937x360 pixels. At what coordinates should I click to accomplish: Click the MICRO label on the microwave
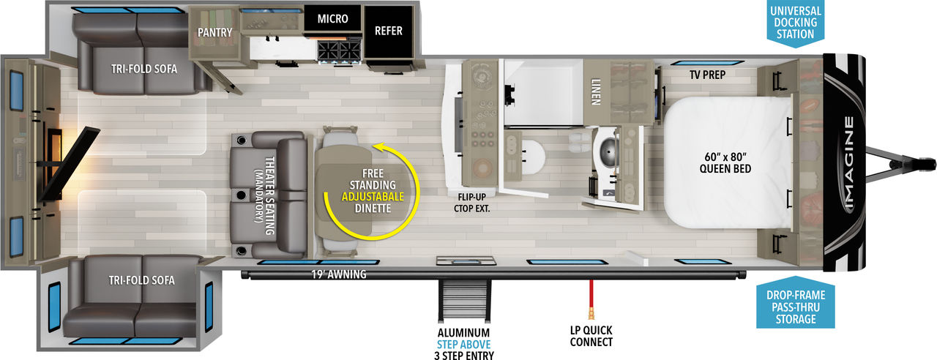pyautogui.click(x=332, y=19)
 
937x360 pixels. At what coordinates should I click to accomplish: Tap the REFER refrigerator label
pyautogui.click(x=389, y=31)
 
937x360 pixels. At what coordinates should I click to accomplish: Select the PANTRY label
pyautogui.click(x=214, y=32)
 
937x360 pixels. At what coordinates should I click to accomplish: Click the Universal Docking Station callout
pyautogui.click(x=795, y=23)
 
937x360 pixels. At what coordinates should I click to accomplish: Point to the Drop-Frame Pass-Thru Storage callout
pyautogui.click(x=796, y=307)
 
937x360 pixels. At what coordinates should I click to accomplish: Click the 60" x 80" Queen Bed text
pyautogui.click(x=725, y=162)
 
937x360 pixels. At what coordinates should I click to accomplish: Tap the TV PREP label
pyautogui.click(x=707, y=75)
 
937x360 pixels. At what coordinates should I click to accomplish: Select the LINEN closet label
pyautogui.click(x=596, y=91)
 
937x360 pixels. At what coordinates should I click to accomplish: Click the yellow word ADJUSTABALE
pyautogui.click(x=373, y=197)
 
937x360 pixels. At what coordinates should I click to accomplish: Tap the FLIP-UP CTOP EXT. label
pyautogui.click(x=472, y=203)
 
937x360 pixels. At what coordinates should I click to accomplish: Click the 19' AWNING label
pyautogui.click(x=339, y=274)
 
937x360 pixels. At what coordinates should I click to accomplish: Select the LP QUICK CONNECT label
pyautogui.click(x=591, y=336)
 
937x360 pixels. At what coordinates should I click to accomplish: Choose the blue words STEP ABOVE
pyautogui.click(x=463, y=345)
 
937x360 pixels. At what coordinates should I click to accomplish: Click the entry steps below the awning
pyautogui.click(x=464, y=300)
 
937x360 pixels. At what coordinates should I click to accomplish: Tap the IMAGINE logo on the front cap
pyautogui.click(x=848, y=162)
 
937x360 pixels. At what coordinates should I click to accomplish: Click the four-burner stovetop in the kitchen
pyautogui.click(x=339, y=51)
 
